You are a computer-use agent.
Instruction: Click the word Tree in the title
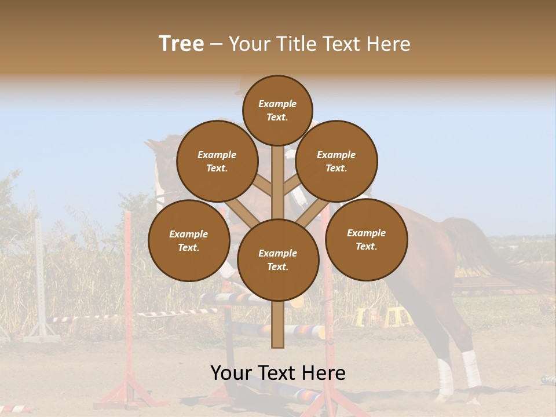(x=181, y=44)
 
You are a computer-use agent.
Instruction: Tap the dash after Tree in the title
(x=217, y=45)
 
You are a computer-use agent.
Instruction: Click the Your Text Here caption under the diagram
(x=277, y=373)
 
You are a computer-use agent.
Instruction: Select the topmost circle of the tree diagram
(x=277, y=110)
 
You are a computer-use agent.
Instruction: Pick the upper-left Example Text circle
(x=217, y=161)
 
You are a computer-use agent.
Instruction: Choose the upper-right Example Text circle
(x=336, y=161)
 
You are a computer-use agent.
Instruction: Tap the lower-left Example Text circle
(x=189, y=240)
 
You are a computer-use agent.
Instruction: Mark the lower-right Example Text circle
(x=367, y=239)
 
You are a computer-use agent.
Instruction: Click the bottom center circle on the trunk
(x=278, y=259)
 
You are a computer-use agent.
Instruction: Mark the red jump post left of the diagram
(x=128, y=301)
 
